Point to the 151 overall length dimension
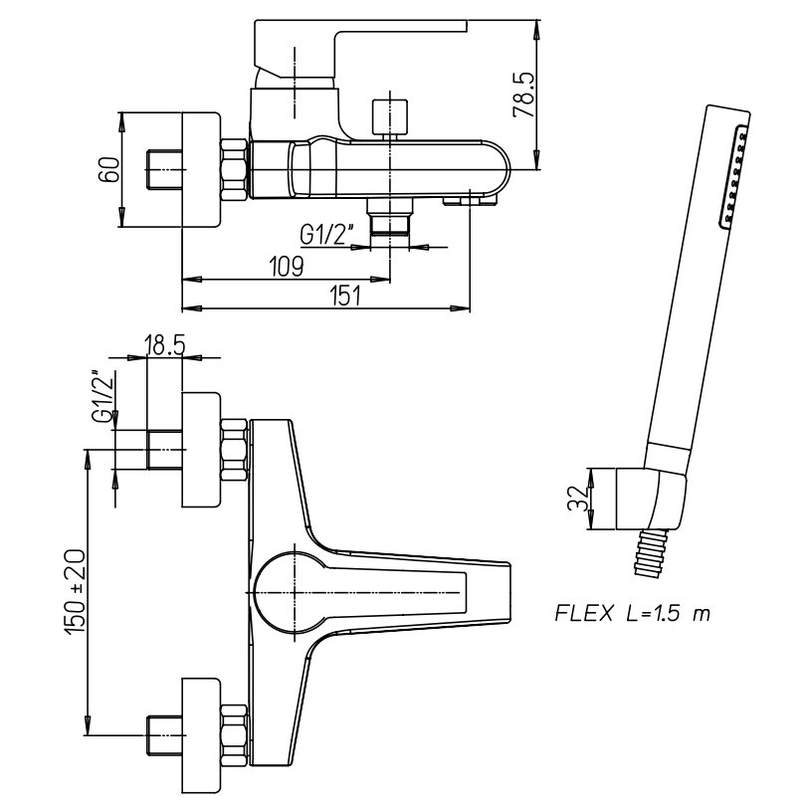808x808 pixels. (x=341, y=297)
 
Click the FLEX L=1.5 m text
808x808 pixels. (x=632, y=613)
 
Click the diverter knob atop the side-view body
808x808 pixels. (x=388, y=115)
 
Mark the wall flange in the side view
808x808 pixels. (x=200, y=170)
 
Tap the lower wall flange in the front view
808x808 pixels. (x=201, y=731)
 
